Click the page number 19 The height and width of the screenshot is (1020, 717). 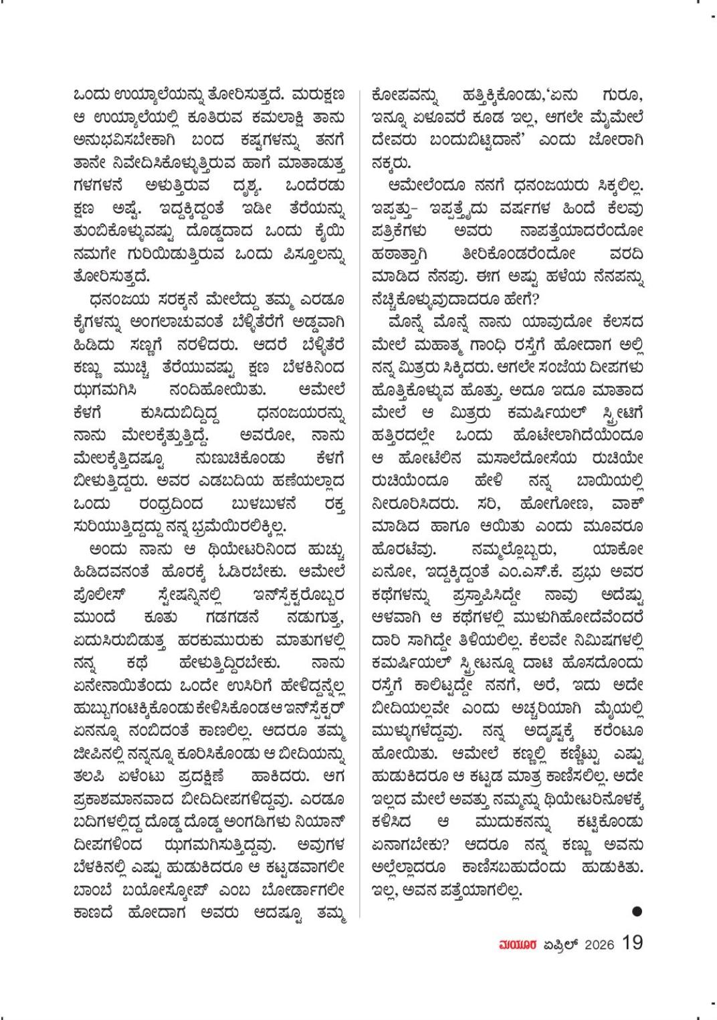click(x=632, y=944)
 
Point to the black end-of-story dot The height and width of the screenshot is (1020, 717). click(x=637, y=910)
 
